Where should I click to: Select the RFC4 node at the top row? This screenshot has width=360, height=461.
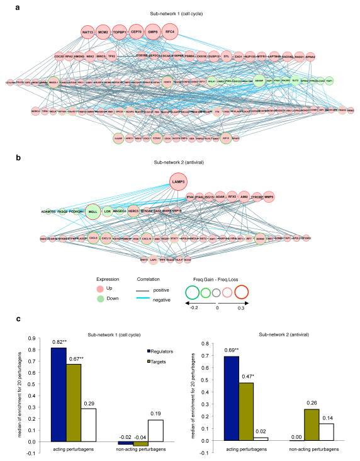click(x=169, y=31)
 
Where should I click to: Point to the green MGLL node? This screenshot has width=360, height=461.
click(x=94, y=212)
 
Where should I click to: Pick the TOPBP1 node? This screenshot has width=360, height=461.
click(x=120, y=31)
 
